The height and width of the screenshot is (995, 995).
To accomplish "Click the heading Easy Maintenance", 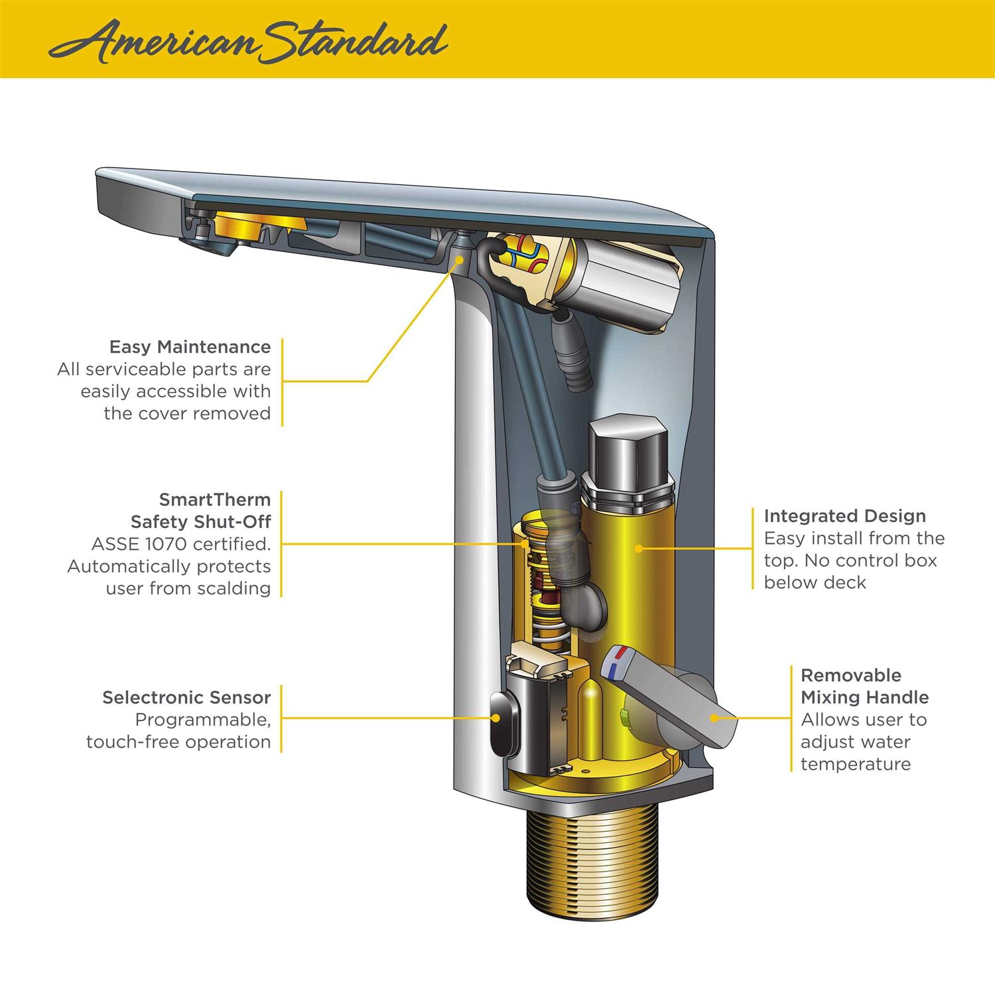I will pos(190,347).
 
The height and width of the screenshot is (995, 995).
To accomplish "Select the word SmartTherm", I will pos(214,499).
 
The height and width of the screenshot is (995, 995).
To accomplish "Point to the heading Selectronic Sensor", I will pos(186,697).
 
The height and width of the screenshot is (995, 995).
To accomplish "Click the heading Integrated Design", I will pos(844,516).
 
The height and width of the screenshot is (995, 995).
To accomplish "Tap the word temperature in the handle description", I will pos(855,764).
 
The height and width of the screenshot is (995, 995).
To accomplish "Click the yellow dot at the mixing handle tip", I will pos(714,717).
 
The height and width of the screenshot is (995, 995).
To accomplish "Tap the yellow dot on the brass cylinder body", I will pos(637,548).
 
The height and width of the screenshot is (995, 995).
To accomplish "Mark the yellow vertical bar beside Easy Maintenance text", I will pos(282,381).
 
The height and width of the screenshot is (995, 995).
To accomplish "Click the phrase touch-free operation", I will pos(178,742).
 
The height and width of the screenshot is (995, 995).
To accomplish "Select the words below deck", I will pos(815,582).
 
